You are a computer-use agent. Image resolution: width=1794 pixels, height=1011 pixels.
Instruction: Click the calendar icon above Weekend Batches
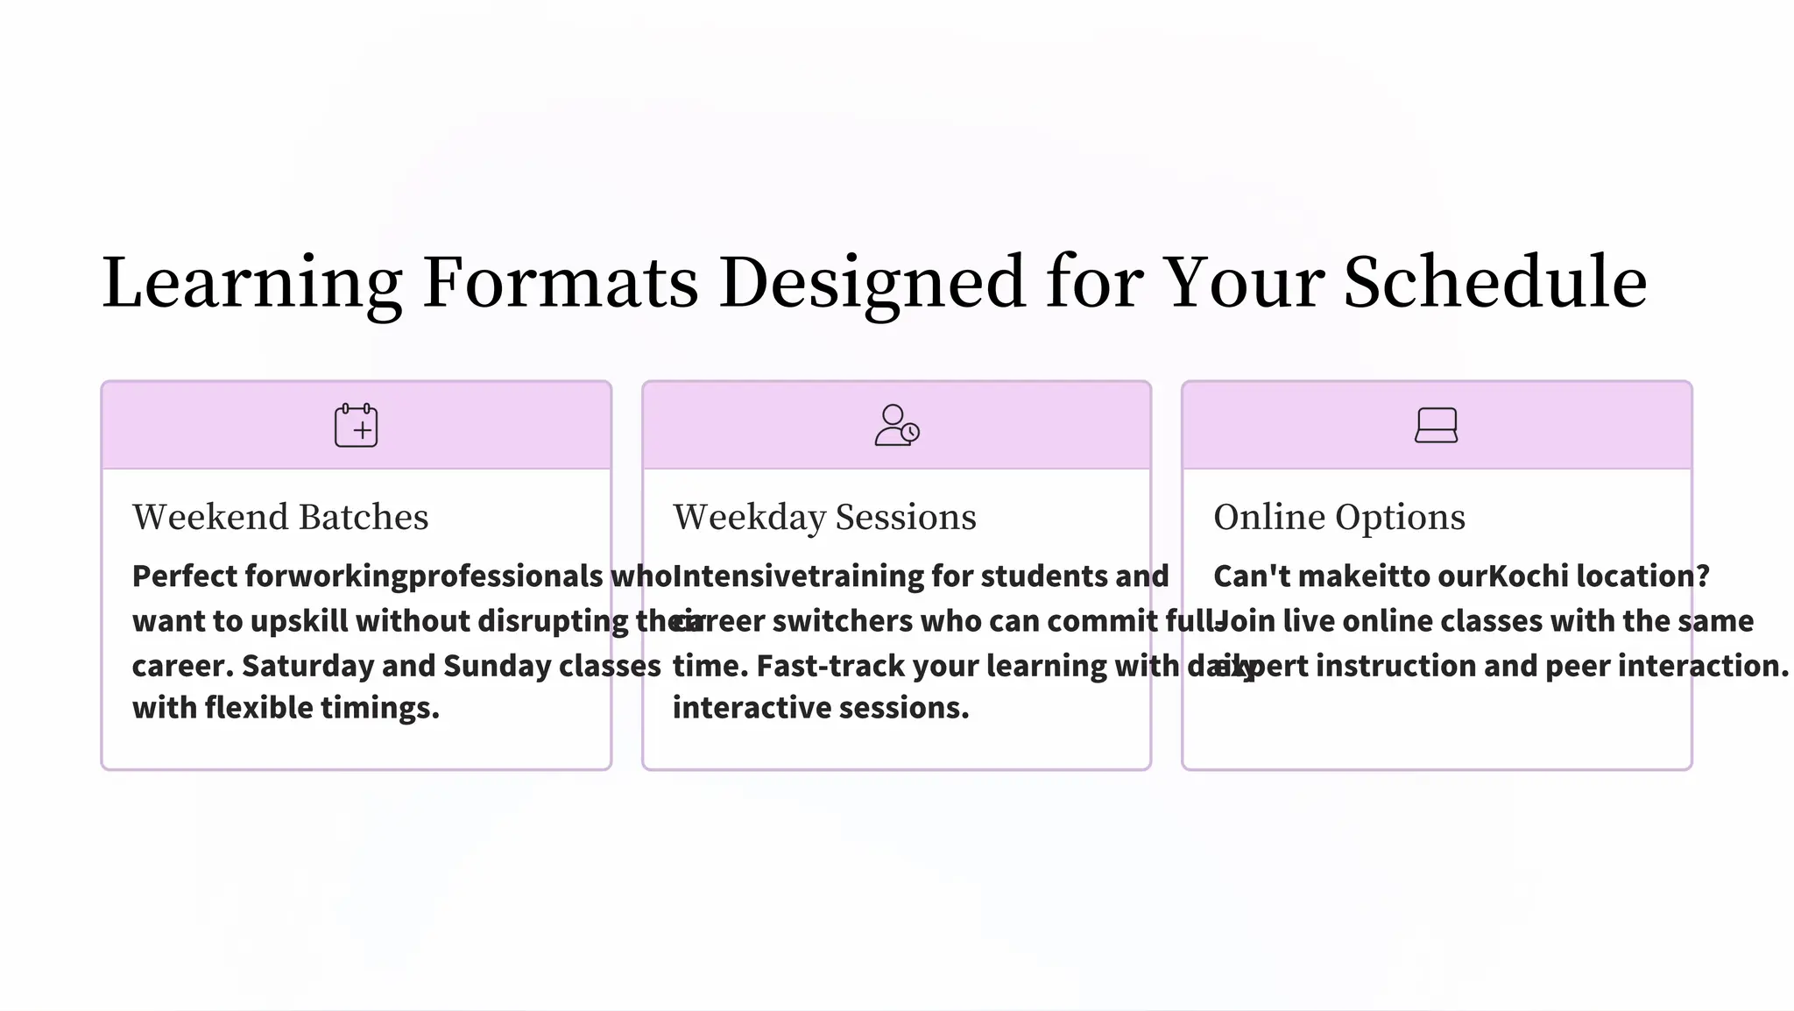(x=356, y=426)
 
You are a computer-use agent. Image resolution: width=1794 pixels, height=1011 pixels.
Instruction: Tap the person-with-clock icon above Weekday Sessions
(x=896, y=426)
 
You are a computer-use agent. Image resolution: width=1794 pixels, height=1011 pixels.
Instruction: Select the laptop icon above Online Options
(x=1436, y=426)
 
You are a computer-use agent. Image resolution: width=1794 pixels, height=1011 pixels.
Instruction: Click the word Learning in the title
(x=252, y=283)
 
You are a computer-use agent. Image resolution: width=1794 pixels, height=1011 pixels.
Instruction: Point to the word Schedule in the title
(x=1494, y=283)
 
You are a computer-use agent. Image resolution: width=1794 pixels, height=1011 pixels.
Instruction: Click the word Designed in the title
(x=872, y=283)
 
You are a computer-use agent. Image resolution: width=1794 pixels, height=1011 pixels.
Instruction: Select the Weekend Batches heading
(x=280, y=517)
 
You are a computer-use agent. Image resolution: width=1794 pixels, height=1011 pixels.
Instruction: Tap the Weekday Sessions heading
(x=824, y=517)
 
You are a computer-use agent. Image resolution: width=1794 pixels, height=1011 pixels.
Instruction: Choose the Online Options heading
(x=1338, y=517)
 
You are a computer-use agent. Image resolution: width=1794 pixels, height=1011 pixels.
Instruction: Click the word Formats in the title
(x=561, y=283)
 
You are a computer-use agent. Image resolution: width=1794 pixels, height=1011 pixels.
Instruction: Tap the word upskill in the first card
(x=299, y=621)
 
